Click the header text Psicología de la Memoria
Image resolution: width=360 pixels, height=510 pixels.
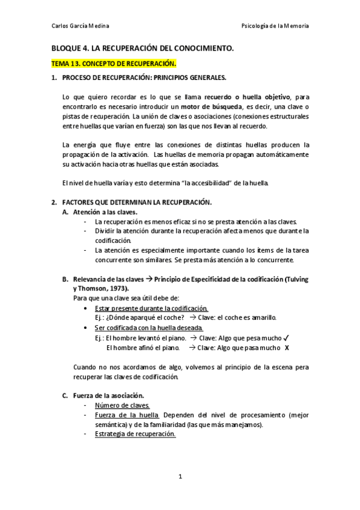(275, 26)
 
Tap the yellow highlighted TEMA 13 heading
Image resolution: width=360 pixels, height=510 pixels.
(112, 63)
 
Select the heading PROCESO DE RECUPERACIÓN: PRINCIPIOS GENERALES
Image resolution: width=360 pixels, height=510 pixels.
(144, 78)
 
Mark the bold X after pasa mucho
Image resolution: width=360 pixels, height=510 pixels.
(287, 347)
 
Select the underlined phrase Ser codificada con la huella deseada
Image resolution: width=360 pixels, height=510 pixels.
(149, 328)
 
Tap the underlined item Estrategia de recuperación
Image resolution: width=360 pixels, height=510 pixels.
(135, 434)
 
